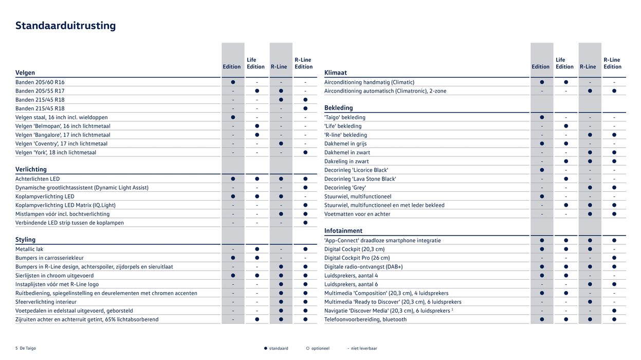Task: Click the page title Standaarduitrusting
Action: coord(65,26)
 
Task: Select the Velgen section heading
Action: coord(25,73)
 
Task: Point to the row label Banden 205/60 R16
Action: coord(40,82)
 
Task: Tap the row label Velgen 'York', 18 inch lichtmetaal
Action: coord(56,152)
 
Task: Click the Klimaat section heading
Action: coord(336,73)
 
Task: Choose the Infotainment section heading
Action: coord(343,231)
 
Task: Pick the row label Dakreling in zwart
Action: coord(346,161)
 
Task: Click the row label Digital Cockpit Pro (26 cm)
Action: coord(357,258)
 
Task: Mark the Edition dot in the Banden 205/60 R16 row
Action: coord(233,82)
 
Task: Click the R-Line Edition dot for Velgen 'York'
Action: coord(305,152)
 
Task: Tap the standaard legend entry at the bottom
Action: coord(278,348)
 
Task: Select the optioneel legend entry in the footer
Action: coord(320,348)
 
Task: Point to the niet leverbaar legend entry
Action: coord(363,348)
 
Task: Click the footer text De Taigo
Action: coord(28,348)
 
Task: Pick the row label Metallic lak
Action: coord(29,249)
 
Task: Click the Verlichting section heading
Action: coord(31,169)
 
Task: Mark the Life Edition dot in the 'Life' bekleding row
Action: coord(566,126)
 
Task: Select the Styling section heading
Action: coord(25,240)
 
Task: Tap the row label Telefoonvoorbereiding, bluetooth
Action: coord(365,319)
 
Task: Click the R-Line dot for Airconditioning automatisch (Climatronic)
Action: coord(590,91)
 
